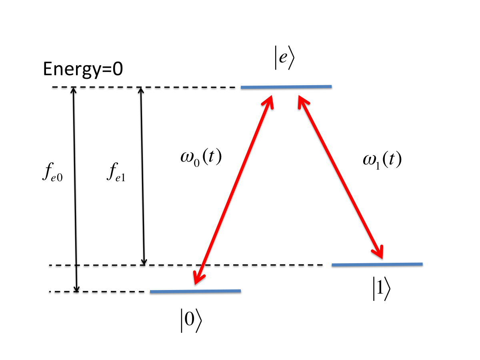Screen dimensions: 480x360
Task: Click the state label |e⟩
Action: tap(284, 58)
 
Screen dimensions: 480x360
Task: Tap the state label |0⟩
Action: tap(191, 320)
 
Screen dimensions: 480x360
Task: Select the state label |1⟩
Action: tap(381, 289)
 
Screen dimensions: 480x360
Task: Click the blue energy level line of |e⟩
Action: tap(286, 87)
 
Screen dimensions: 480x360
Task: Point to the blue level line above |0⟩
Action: tap(195, 291)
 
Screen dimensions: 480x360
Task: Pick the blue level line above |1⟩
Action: tap(377, 265)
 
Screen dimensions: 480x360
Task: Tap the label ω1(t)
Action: tap(382, 160)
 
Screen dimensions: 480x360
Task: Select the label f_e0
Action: tap(52, 172)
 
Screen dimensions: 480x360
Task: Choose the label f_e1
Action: tap(116, 172)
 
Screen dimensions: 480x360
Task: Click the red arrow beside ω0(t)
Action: tap(233, 190)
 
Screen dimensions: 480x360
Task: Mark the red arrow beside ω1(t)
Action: tap(341, 177)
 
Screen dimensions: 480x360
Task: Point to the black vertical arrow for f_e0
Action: tap(75, 190)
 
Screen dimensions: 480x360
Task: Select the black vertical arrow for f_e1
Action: tap(142, 176)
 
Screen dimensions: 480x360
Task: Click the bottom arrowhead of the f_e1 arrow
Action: tap(144, 262)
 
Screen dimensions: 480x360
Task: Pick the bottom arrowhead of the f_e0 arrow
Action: tap(76, 289)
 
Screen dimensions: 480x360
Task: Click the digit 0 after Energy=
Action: tap(118, 69)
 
